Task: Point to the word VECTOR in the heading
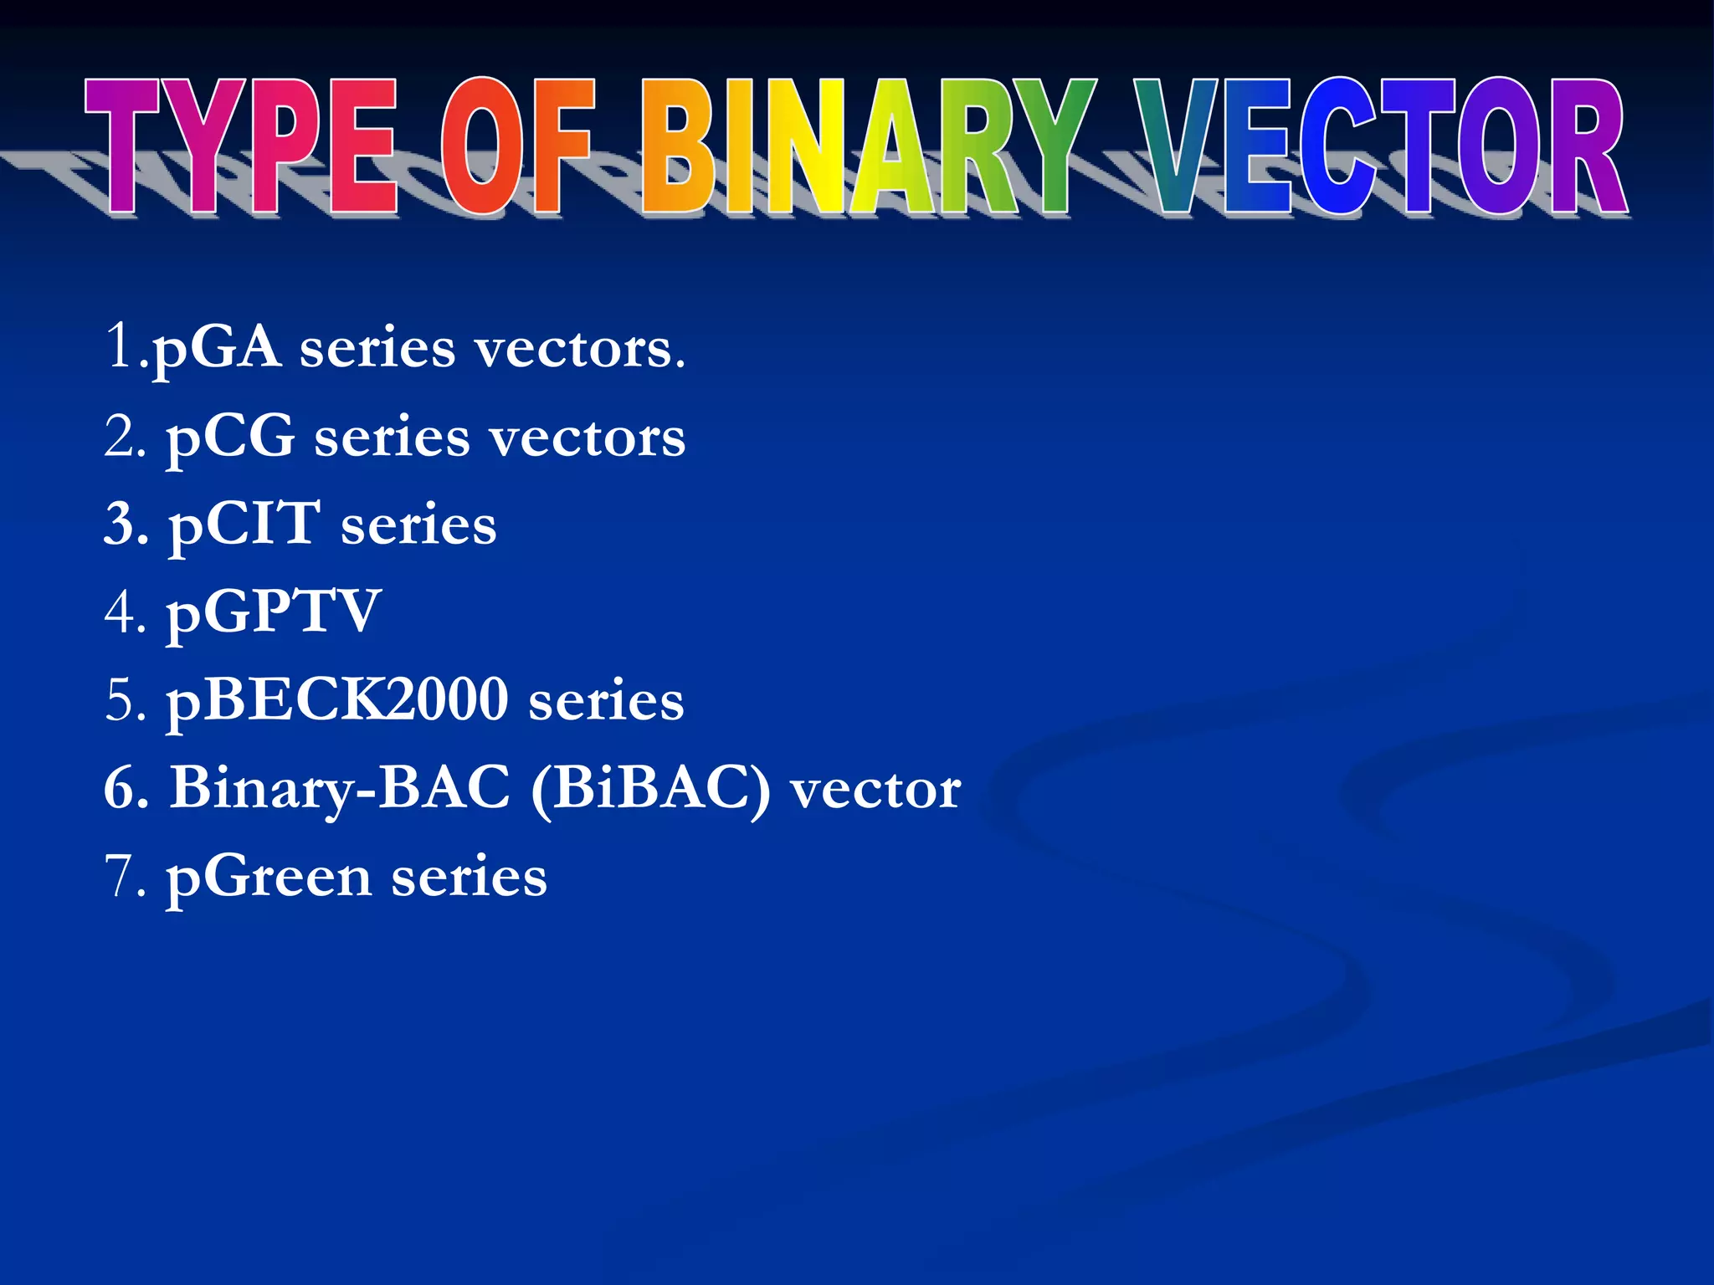(1381, 146)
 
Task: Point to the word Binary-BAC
(340, 789)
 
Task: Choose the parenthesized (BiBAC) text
(650, 789)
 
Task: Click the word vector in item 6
(875, 789)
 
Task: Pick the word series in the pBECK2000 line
(606, 701)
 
